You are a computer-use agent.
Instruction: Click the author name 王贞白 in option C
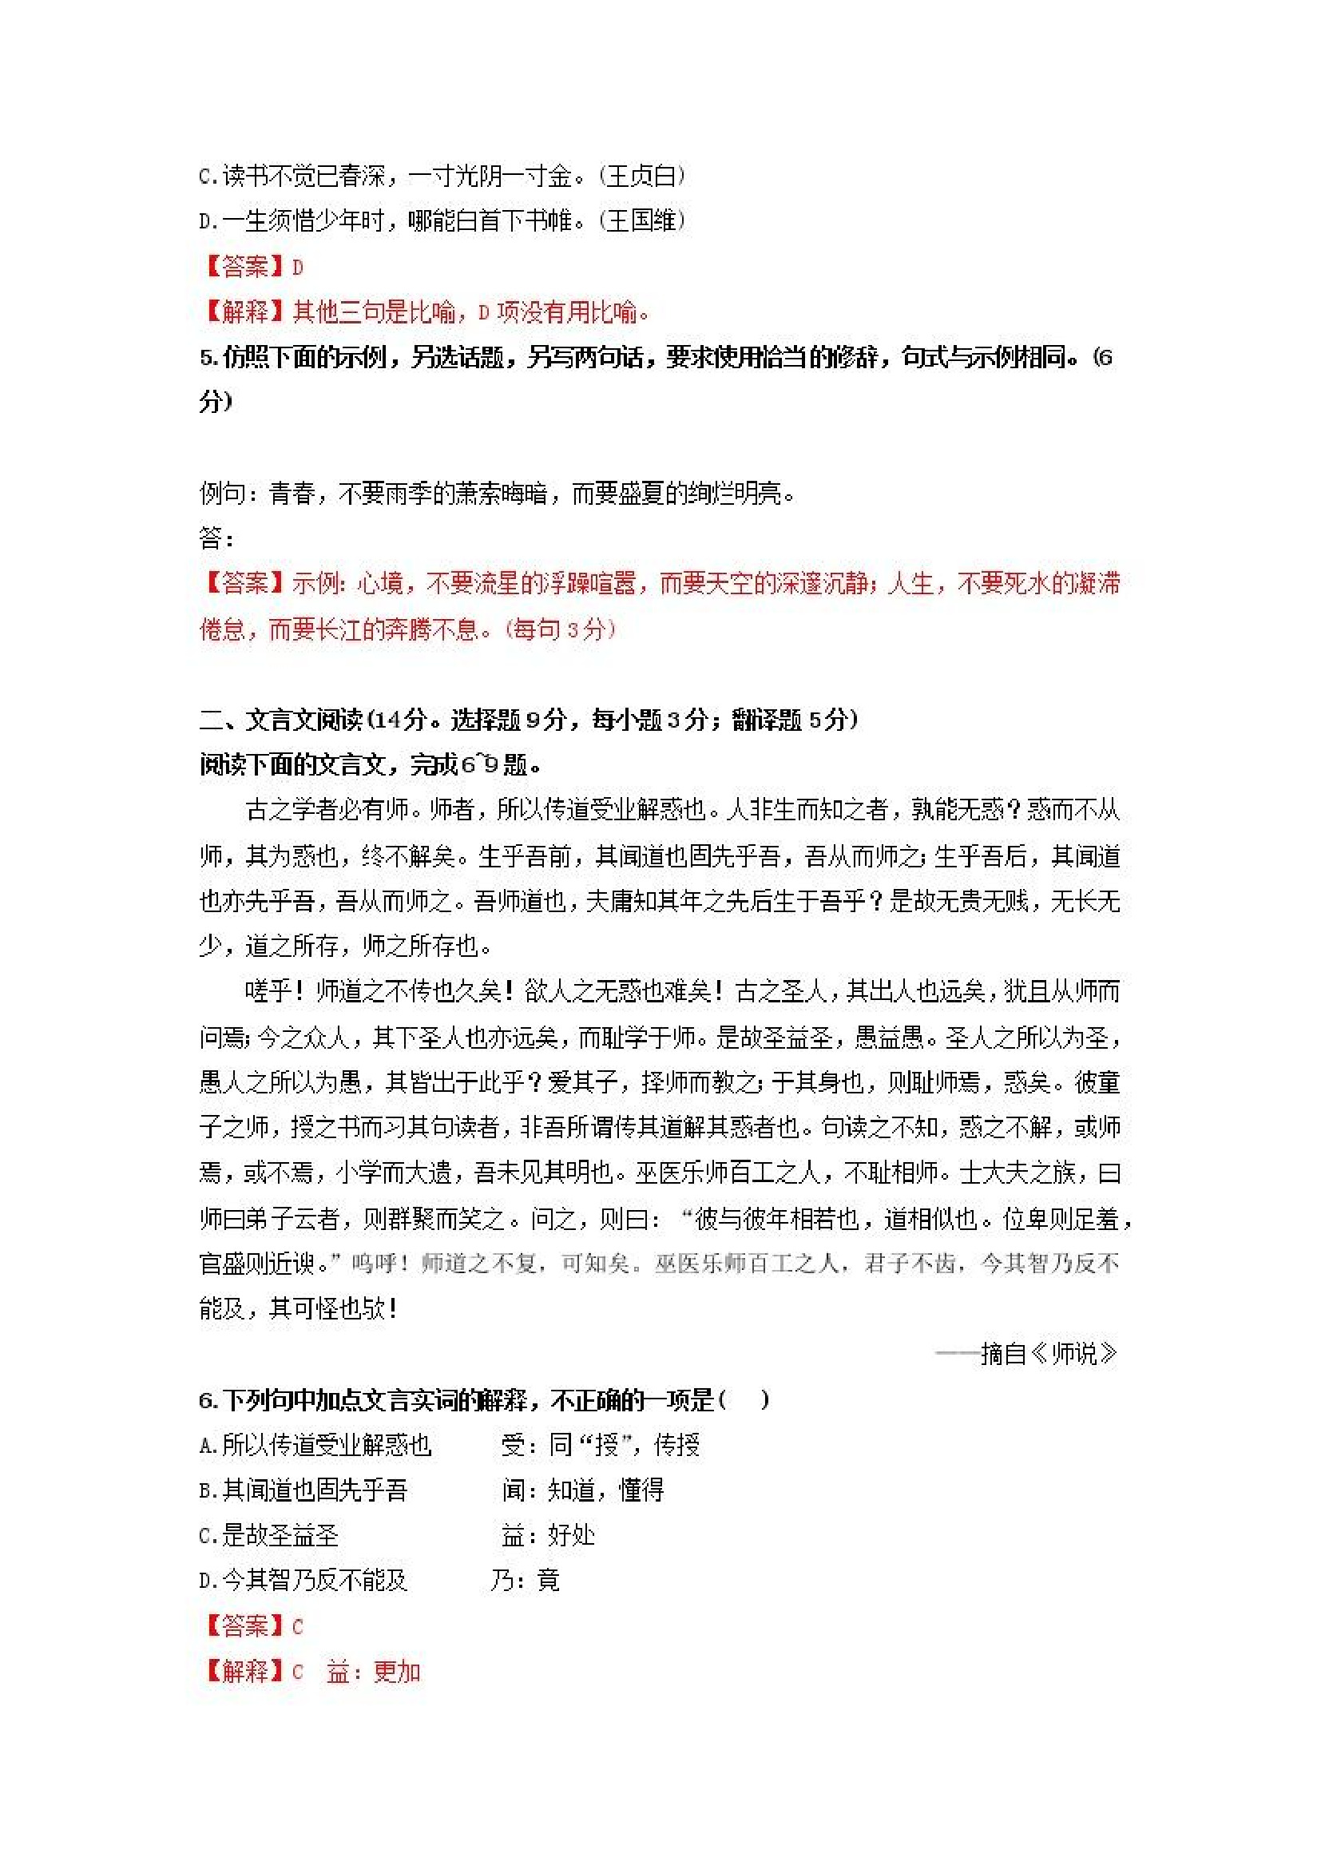click(642, 176)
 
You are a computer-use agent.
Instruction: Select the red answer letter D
click(298, 267)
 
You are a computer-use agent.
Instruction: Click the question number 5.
click(207, 357)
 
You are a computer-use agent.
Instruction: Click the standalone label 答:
click(216, 538)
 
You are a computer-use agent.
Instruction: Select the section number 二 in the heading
click(210, 720)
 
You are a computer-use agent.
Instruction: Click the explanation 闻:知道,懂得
click(583, 1490)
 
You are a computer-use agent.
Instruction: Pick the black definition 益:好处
click(549, 1536)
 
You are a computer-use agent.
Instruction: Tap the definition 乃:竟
click(525, 1581)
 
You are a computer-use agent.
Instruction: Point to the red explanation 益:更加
click(374, 1672)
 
